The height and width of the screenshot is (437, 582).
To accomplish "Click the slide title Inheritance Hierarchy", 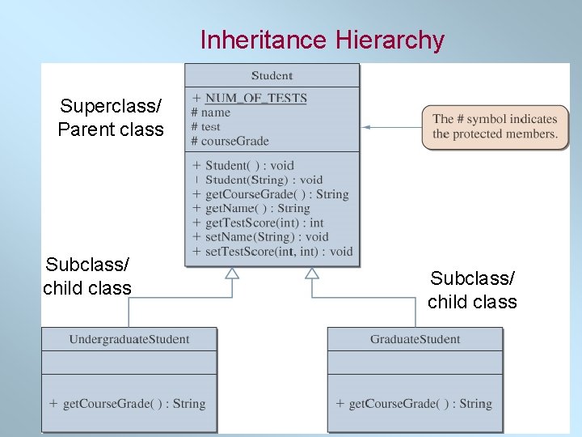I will pyautogui.click(x=322, y=40).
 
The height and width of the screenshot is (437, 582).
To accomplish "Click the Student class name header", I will pyautogui.click(x=272, y=76).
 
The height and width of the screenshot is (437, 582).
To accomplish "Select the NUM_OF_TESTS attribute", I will pyautogui.click(x=255, y=99).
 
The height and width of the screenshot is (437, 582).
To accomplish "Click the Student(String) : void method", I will pyautogui.click(x=264, y=180).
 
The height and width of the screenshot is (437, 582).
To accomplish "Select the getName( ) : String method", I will pyautogui.click(x=257, y=208).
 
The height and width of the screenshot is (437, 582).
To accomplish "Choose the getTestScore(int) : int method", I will pyautogui.click(x=264, y=223).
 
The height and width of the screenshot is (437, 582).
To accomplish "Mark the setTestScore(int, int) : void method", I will pyautogui.click(x=279, y=251).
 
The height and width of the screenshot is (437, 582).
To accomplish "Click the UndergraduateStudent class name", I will pyautogui.click(x=129, y=339).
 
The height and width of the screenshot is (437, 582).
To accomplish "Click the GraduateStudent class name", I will pyautogui.click(x=415, y=339).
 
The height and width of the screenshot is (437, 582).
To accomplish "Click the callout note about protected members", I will pyautogui.click(x=495, y=127).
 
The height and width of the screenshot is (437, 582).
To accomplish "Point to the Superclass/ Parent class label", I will pyautogui.click(x=111, y=118).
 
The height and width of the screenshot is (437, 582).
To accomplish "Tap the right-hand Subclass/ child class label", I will pyautogui.click(x=472, y=290).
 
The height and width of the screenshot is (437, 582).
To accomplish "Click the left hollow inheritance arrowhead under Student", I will pyautogui.click(x=232, y=273).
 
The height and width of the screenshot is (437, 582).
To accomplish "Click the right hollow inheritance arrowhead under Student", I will pyautogui.click(x=312, y=273).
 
